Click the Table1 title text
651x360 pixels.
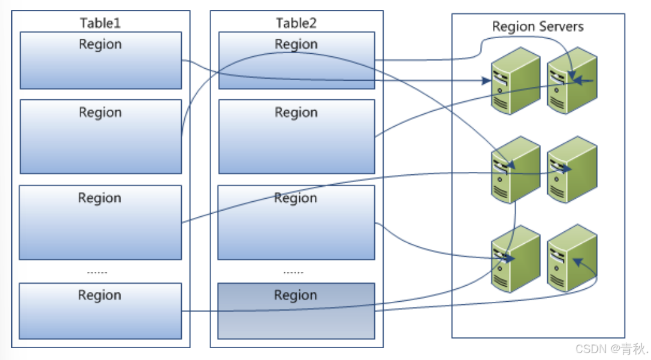click(100, 23)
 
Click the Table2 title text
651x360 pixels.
click(296, 23)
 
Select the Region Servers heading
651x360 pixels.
click(537, 26)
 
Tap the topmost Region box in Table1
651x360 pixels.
click(101, 61)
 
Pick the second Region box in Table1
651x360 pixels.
click(101, 136)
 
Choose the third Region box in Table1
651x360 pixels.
click(100, 222)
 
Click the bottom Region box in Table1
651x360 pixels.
click(100, 311)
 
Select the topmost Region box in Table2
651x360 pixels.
click(296, 61)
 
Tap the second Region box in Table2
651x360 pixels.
click(296, 136)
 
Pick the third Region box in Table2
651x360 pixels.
click(296, 222)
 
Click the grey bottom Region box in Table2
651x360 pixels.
click(296, 311)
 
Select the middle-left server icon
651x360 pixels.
click(515, 170)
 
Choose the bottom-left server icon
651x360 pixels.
click(515, 257)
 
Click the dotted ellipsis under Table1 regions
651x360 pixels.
click(97, 272)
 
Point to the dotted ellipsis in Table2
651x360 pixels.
click(294, 272)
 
